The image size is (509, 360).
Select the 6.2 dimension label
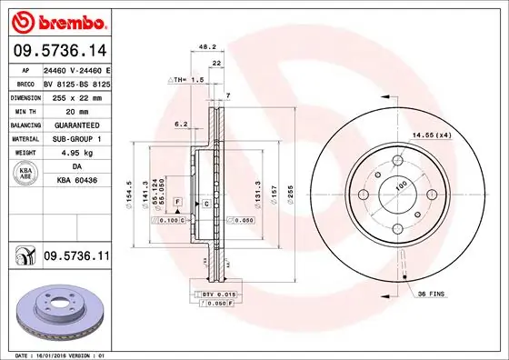(x=180, y=124)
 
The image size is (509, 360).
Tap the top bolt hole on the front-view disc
(x=399, y=165)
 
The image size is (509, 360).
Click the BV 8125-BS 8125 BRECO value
(x=76, y=83)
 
